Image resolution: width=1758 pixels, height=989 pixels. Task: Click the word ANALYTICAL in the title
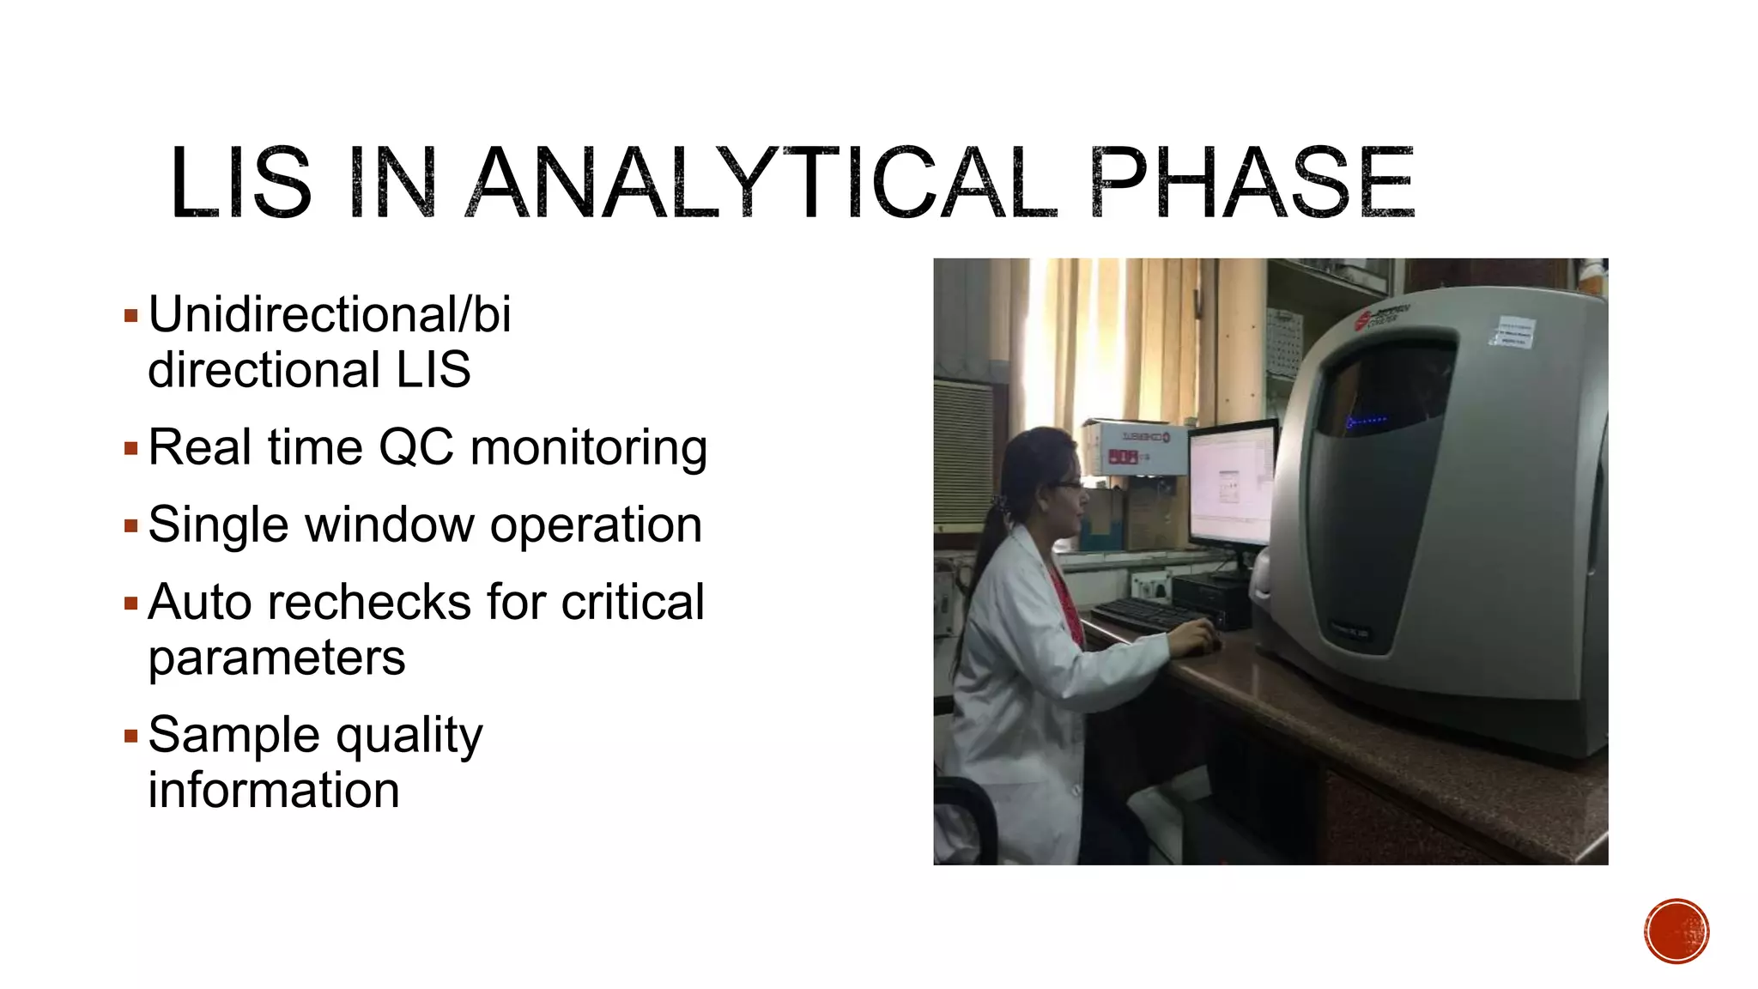coord(764,183)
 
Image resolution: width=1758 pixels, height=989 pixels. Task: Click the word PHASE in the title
coord(1252,183)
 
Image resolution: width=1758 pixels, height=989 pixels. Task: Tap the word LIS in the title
coord(240,183)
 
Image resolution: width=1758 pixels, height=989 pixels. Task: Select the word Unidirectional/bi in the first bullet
coord(330,314)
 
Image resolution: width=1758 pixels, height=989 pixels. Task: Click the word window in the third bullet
coord(389,525)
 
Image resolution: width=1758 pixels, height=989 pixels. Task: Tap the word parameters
coord(276,658)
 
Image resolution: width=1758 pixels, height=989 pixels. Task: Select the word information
coord(274,790)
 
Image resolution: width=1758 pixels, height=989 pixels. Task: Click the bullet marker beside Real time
coord(130,448)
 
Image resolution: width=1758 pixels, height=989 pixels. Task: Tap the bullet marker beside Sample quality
coord(130,736)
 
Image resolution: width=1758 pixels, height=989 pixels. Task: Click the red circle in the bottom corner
coord(1676,931)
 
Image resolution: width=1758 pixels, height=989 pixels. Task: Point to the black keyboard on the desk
coord(1146,613)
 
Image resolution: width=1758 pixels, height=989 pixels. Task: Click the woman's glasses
coord(1070,486)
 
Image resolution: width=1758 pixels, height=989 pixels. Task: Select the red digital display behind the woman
coord(1123,458)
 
